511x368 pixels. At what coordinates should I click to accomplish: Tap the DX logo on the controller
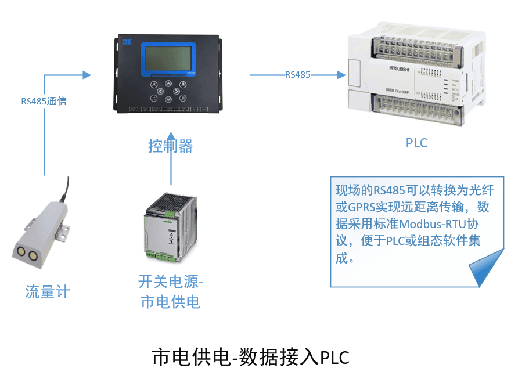pos(128,42)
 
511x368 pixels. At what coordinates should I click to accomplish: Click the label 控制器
pos(170,146)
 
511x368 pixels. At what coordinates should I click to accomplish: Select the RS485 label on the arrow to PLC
pos(297,74)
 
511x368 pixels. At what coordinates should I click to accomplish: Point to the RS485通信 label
pos(44,101)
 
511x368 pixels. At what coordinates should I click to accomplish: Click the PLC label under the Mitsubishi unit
pos(416,142)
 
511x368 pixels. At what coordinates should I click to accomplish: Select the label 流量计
pos(47,291)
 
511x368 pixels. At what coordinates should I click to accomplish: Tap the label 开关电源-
pos(171,282)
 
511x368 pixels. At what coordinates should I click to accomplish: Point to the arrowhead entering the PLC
pos(341,74)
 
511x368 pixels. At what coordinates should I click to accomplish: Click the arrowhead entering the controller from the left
pos(87,74)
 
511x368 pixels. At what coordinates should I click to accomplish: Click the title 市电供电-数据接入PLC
pos(250,356)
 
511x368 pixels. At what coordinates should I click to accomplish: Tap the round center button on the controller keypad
pos(168,91)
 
